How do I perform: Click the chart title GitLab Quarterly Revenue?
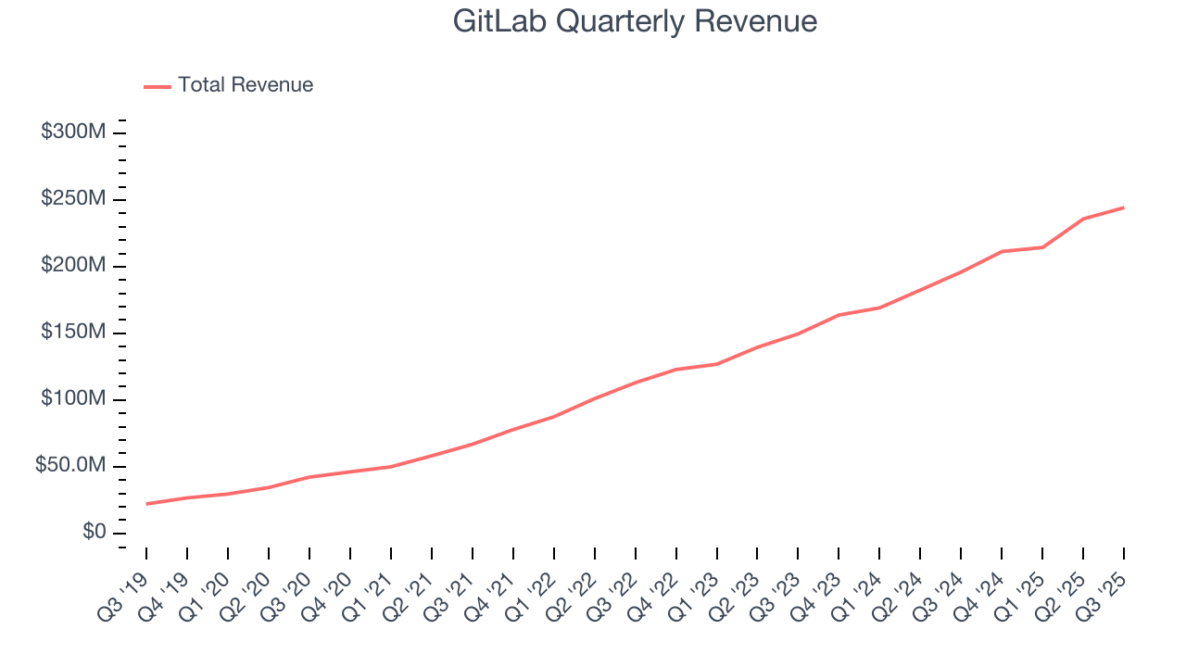635,21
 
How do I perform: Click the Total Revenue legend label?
246,85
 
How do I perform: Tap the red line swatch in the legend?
158,86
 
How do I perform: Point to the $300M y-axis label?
72,132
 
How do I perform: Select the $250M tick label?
72,199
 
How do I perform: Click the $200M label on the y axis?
72,266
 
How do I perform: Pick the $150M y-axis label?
72,333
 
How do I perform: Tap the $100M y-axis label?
72,399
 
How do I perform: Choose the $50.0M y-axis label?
70,466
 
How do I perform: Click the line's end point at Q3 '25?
1124,208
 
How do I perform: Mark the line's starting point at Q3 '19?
146,504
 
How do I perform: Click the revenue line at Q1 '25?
1042,247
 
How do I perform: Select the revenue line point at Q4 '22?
675,370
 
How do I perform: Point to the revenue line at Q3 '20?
309,477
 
